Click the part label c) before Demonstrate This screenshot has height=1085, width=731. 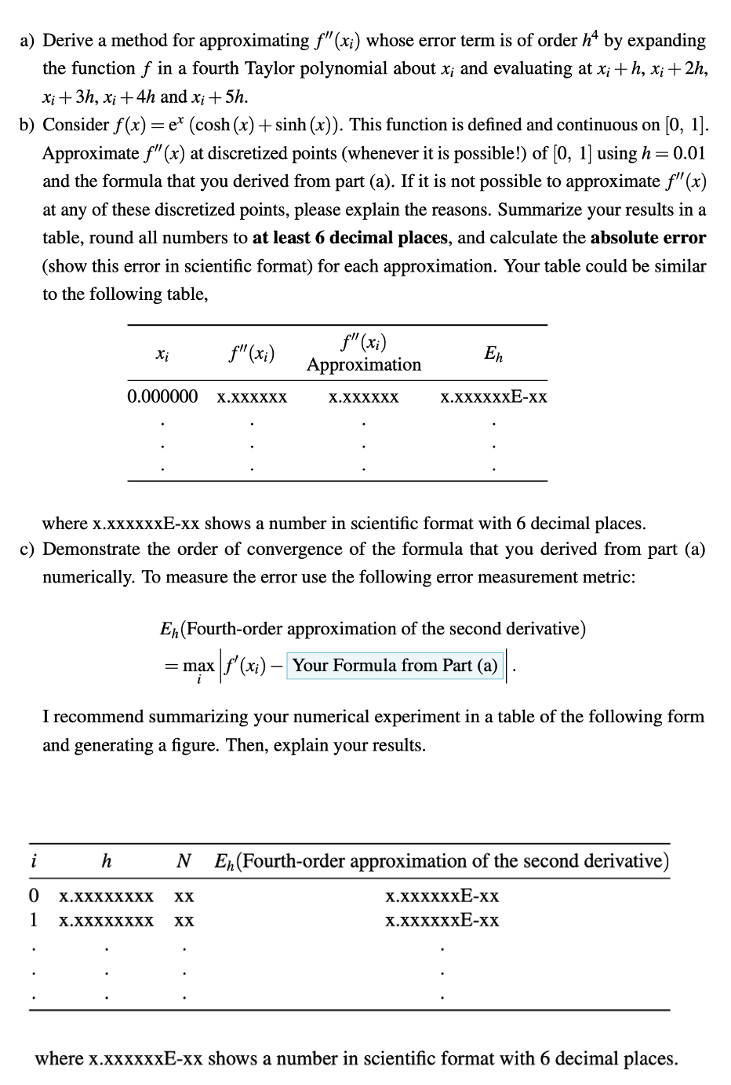pyautogui.click(x=27, y=550)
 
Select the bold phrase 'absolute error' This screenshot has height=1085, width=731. pyautogui.click(x=648, y=238)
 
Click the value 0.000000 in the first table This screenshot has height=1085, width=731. pyautogui.click(x=162, y=397)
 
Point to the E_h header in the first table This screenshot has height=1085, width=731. pyautogui.click(x=493, y=354)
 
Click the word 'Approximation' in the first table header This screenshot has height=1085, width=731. pyautogui.click(x=364, y=365)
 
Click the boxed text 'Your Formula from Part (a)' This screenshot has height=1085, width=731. pyautogui.click(x=395, y=666)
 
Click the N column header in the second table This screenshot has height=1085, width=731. pyautogui.click(x=184, y=862)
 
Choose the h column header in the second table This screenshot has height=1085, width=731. pyautogui.click(x=107, y=862)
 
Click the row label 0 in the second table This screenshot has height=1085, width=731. pyautogui.click(x=33, y=897)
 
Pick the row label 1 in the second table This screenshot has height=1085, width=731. pyautogui.click(x=33, y=921)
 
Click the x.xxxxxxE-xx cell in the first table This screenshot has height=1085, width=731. pyautogui.click(x=493, y=397)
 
